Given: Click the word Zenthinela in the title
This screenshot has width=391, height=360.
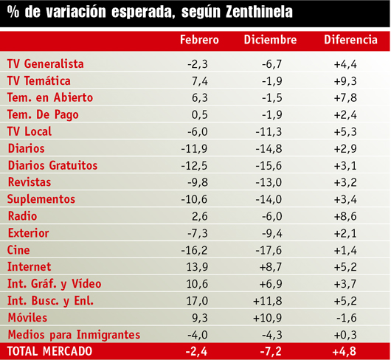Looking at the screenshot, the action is (x=259, y=12).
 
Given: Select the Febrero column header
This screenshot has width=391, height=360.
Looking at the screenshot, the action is (x=199, y=40).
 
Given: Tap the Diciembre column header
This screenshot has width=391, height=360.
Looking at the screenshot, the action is (x=270, y=40).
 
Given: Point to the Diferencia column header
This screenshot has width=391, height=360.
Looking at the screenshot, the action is (x=350, y=40).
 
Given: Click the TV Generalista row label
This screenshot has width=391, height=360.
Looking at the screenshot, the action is (x=46, y=64).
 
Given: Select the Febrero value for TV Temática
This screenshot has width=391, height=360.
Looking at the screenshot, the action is (x=200, y=81).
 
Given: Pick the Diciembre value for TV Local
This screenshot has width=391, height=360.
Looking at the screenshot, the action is (x=269, y=131).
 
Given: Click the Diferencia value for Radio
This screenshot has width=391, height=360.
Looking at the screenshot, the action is (x=345, y=216).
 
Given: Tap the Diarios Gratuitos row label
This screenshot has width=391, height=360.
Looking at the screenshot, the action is (x=52, y=165).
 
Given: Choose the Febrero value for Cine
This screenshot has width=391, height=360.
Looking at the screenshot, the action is (x=194, y=250).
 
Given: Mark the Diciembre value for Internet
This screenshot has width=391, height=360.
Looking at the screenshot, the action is (x=271, y=267).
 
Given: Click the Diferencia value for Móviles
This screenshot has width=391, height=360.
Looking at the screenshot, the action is (x=347, y=318).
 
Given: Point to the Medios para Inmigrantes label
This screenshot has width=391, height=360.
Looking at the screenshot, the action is (x=74, y=335).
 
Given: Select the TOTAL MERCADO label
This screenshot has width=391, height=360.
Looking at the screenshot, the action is (x=50, y=351).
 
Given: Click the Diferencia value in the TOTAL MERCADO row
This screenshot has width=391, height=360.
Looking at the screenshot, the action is (x=345, y=352).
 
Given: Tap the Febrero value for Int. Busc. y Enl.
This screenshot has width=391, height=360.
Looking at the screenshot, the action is (x=197, y=301).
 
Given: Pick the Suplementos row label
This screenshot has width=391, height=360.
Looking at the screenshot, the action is (x=41, y=199).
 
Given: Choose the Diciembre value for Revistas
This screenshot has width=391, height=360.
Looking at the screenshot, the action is (x=269, y=182).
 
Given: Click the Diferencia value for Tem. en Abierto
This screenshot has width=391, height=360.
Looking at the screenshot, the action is (x=345, y=97).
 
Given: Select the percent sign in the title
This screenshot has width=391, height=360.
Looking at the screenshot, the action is (x=13, y=12).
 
